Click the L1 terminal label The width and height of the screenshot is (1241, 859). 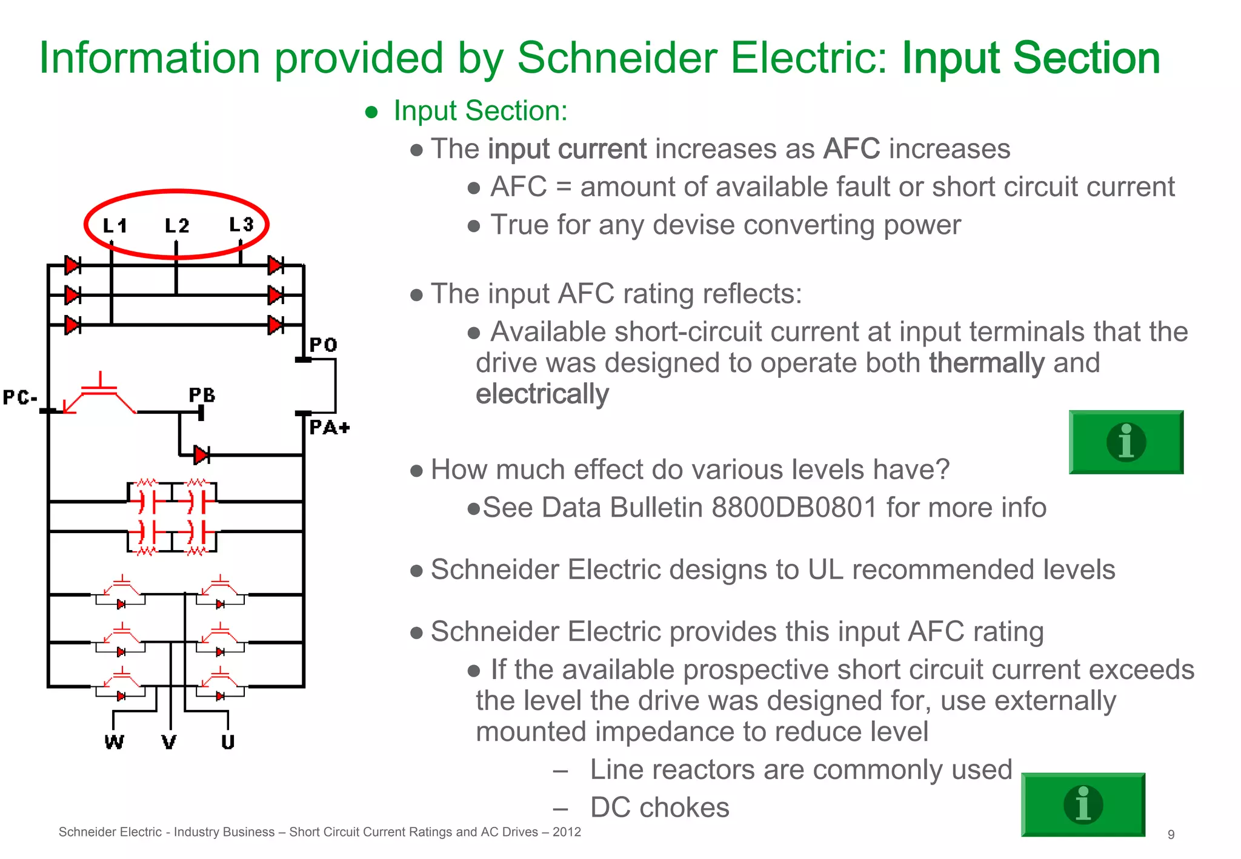coord(115,226)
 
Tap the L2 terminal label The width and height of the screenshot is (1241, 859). coord(177,226)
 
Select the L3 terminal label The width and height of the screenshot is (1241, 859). coord(241,225)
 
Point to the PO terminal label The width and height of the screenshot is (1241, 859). coord(323,345)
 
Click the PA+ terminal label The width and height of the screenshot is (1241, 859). coord(329,428)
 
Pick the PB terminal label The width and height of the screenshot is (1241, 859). coord(202,396)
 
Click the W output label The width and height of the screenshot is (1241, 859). coord(114,742)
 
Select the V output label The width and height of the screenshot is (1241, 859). coord(169,742)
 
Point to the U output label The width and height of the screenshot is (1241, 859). coord(228,742)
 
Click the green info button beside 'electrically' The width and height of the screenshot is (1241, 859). coord(1126,442)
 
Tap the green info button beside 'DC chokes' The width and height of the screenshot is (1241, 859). coord(1083,804)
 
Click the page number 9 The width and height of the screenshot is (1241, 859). coord(1171,834)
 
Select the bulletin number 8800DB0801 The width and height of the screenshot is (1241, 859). coord(794,508)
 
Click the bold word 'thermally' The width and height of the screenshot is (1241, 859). coord(986,363)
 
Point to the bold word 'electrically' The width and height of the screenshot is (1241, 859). coord(542,394)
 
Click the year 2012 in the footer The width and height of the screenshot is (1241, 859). coord(567,832)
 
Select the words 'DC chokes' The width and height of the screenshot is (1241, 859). coord(659,808)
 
